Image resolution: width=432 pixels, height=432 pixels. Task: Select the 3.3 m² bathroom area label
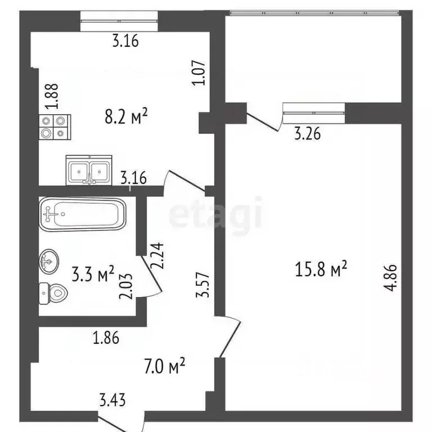(x=93, y=275)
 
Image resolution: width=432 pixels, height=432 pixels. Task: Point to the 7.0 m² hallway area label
(x=165, y=368)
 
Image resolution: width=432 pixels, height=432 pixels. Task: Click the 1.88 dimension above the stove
(x=52, y=99)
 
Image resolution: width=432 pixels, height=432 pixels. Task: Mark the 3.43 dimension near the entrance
(x=112, y=400)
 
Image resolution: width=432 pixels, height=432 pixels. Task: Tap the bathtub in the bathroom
(x=81, y=214)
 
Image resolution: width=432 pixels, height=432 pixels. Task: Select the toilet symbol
(x=53, y=292)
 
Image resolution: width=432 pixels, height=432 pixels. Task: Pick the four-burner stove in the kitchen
(x=54, y=127)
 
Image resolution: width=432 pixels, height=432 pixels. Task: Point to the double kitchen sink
(x=91, y=170)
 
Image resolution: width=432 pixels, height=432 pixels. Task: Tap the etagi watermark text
(x=216, y=213)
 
